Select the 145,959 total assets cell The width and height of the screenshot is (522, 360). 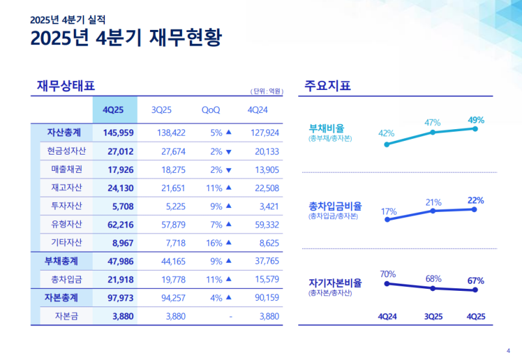(117, 132)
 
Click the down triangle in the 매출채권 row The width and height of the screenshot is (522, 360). (228, 170)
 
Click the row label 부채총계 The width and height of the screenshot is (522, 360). (62, 261)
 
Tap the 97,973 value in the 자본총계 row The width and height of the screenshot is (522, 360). (117, 298)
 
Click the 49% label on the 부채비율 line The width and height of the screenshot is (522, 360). (476, 120)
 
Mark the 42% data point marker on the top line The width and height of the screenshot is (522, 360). (387, 144)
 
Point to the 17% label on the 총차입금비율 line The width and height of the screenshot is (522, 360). (388, 211)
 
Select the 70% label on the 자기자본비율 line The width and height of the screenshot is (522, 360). (388, 274)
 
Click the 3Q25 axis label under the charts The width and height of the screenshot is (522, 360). (433, 316)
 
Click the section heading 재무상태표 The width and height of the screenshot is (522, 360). (66, 85)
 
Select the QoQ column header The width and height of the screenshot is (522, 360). (211, 110)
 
